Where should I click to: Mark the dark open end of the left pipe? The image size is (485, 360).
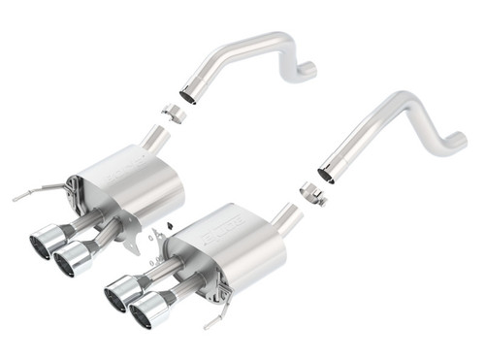pos(188,98)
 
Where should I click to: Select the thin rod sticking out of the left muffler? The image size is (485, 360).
pos(29,194)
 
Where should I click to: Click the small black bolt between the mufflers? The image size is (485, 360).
pos(167,228)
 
